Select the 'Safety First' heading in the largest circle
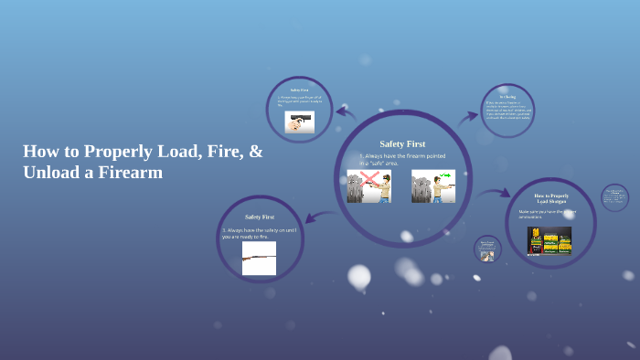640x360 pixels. tap(402, 143)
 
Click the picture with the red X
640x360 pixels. tap(368, 185)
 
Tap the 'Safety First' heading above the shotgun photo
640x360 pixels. tap(260, 217)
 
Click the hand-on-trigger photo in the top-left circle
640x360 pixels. tap(299, 122)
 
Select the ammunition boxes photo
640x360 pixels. tap(549, 239)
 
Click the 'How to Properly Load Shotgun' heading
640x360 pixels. tap(551, 199)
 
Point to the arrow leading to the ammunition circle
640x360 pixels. tap(495, 193)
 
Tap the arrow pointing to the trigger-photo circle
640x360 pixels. tap(345, 112)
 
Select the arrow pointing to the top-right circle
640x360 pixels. tap(468, 117)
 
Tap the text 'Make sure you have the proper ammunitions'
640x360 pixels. tap(548, 214)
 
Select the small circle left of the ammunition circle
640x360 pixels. tap(487, 249)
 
